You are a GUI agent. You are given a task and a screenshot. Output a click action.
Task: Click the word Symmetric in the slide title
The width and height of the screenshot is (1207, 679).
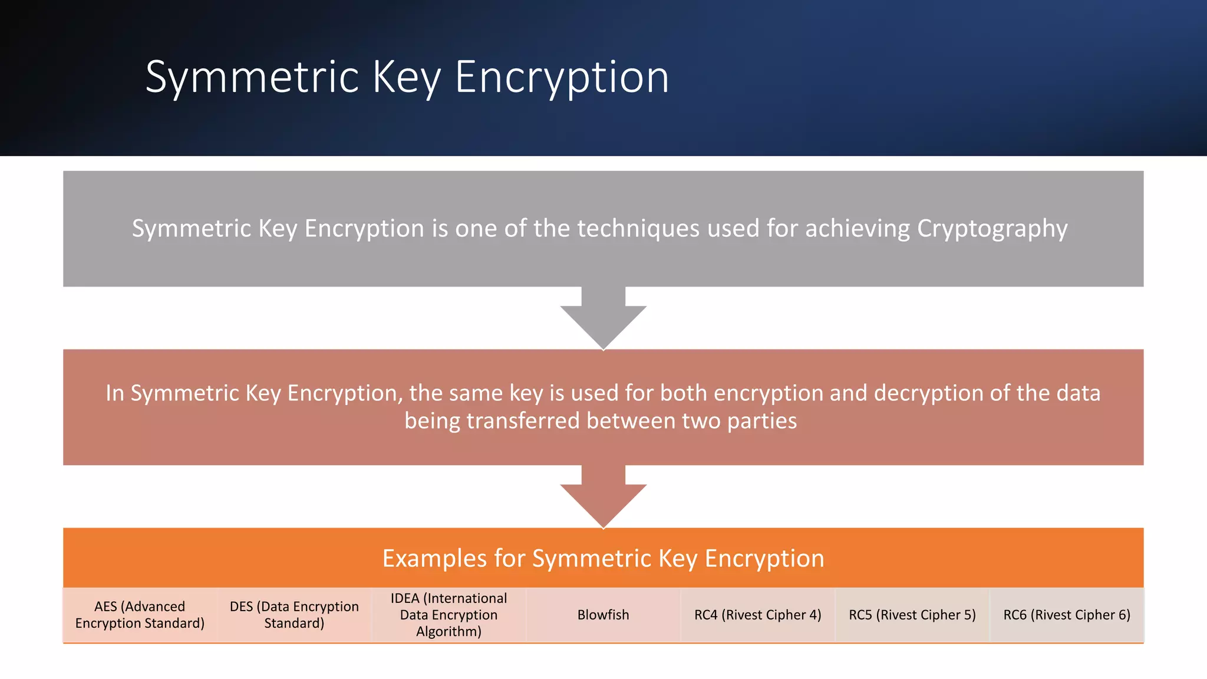click(x=252, y=77)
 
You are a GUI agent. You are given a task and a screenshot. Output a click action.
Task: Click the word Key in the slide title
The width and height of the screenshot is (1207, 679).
click(x=407, y=77)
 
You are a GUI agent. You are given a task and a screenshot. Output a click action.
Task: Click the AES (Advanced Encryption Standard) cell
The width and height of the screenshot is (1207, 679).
click(x=140, y=615)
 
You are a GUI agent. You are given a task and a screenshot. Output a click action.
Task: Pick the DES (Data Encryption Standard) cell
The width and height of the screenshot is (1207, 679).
click(x=294, y=615)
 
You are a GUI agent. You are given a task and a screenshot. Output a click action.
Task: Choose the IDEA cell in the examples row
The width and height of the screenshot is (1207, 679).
click(x=448, y=615)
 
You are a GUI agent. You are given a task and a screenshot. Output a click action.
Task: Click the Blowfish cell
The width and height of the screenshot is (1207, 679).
click(x=603, y=615)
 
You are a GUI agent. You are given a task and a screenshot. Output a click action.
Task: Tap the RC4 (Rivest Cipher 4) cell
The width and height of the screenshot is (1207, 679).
click(x=757, y=615)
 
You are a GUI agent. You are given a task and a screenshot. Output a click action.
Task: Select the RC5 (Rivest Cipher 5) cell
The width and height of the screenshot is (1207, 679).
click(x=912, y=615)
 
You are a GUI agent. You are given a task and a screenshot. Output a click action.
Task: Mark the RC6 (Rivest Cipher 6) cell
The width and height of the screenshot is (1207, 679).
click(x=1067, y=615)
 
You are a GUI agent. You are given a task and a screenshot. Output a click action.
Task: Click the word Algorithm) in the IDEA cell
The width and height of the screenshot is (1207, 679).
click(x=448, y=632)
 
